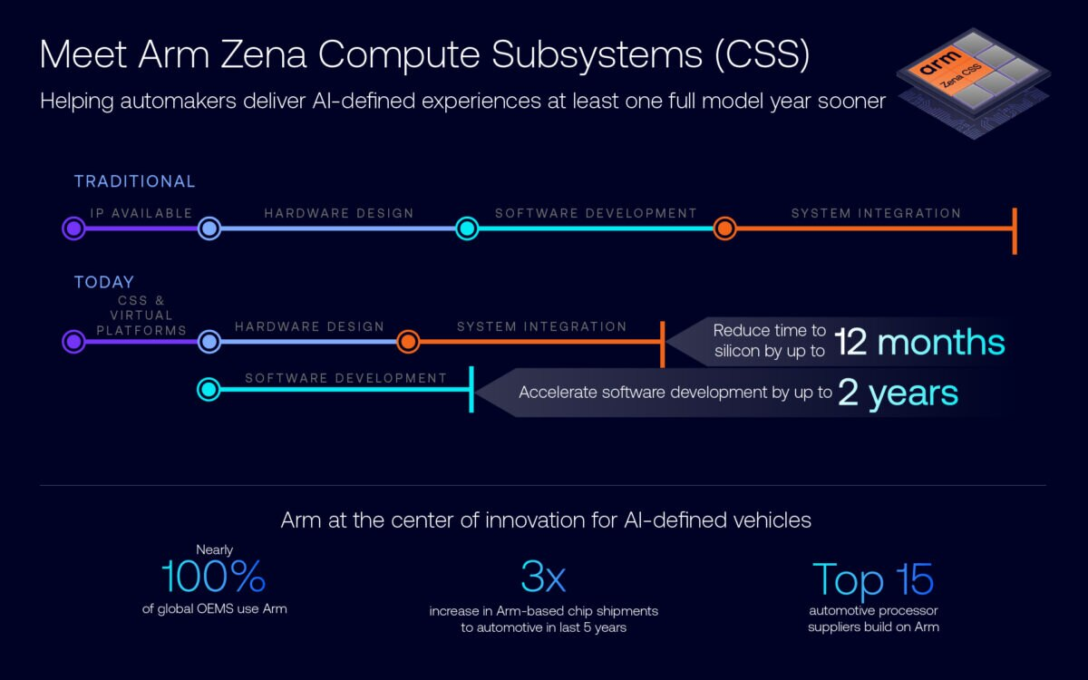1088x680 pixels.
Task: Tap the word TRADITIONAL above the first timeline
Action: (134, 181)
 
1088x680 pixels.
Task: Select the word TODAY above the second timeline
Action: (103, 282)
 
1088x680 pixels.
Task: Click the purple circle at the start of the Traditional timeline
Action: (73, 228)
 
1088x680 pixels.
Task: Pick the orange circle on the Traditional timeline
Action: (724, 228)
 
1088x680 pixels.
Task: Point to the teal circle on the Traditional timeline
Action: (467, 228)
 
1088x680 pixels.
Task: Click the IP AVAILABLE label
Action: (141, 213)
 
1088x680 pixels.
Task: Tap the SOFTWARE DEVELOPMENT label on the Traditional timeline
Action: (596, 213)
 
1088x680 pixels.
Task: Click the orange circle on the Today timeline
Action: (408, 342)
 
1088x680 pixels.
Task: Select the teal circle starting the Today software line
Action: (209, 390)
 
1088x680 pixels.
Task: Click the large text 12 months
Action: (919, 343)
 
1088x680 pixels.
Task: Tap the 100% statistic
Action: (214, 578)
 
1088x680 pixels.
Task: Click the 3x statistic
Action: (543, 578)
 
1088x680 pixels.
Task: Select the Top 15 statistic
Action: (872, 578)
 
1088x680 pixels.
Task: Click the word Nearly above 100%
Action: (214, 549)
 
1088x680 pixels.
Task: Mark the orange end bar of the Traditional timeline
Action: (1015, 230)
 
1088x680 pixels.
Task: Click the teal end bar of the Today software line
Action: (471, 390)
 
